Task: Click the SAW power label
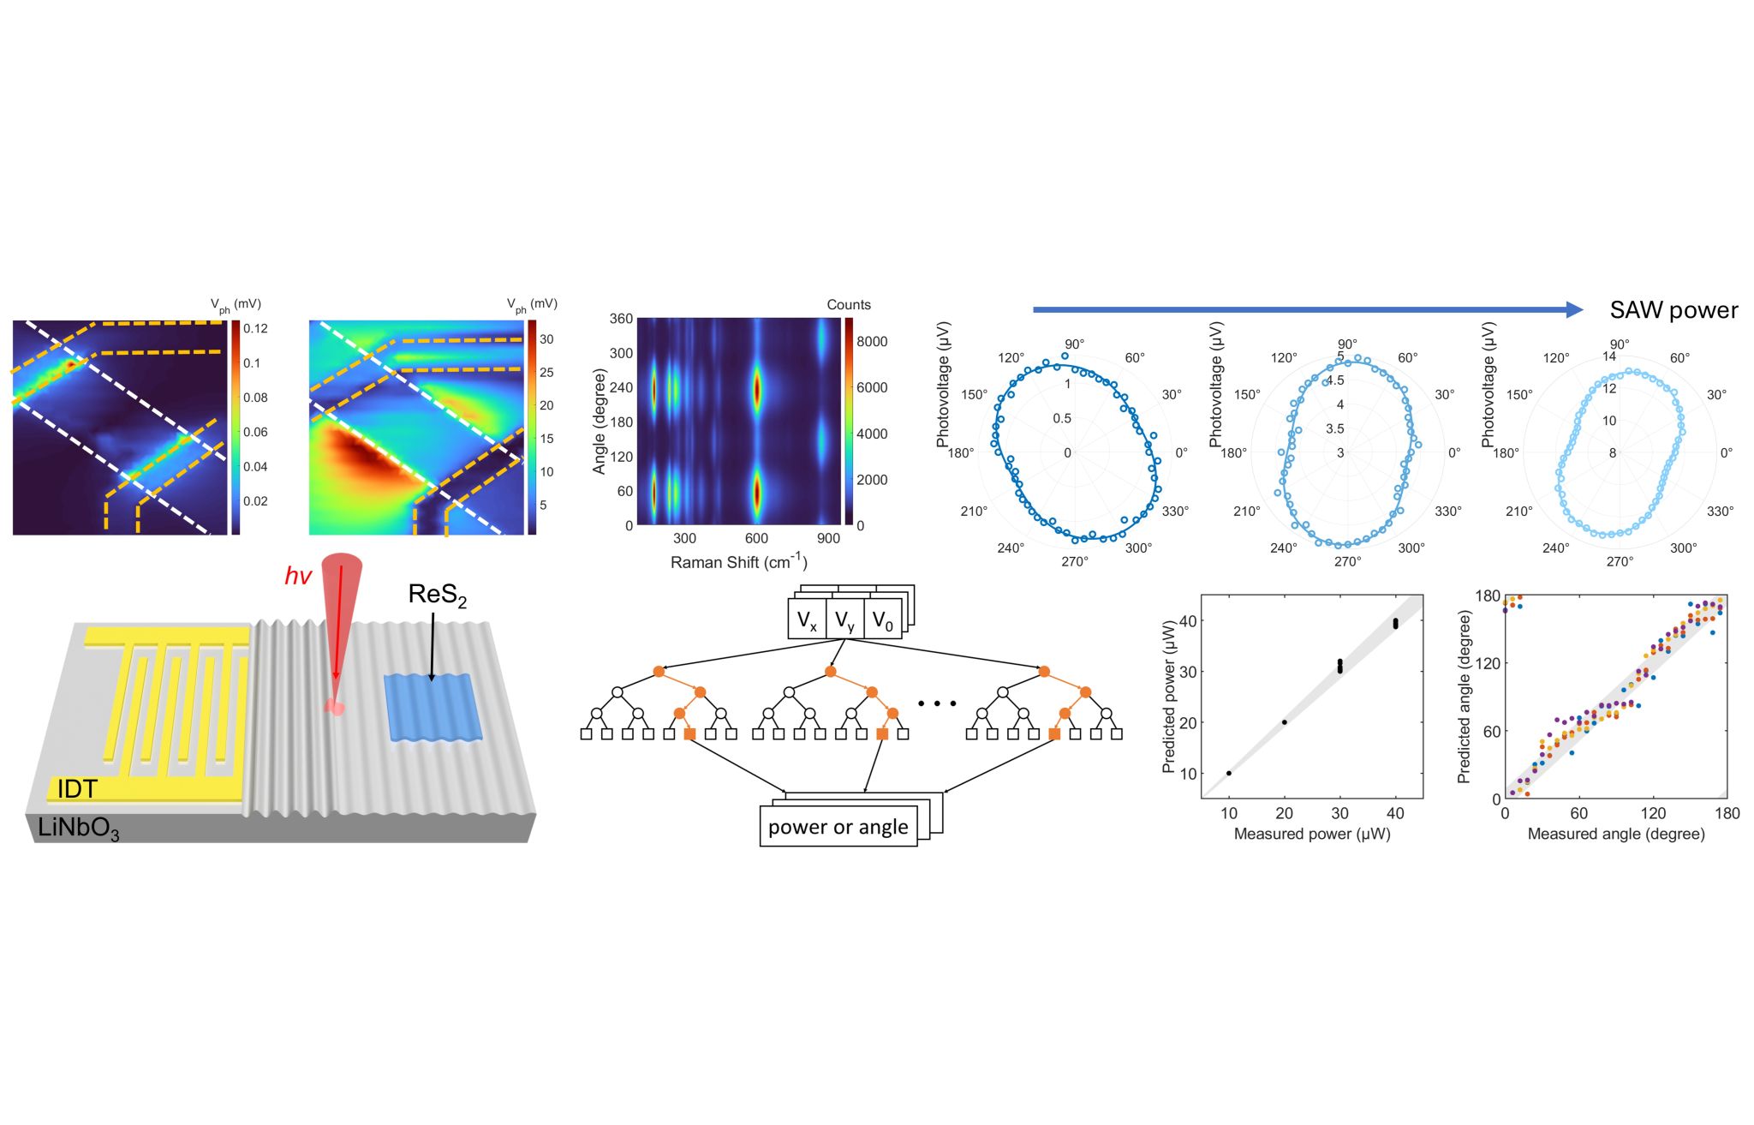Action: pos(1673,310)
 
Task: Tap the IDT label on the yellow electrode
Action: pos(77,788)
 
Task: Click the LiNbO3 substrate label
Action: pos(79,828)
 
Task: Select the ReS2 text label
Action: pos(437,595)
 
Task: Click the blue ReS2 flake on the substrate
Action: pos(433,708)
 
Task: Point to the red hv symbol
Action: pos(298,577)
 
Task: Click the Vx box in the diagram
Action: pos(807,620)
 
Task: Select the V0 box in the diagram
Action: pos(882,620)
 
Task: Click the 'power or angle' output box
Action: pos(838,827)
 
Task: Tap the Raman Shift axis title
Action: pos(738,562)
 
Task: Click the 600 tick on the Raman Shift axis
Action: pos(756,538)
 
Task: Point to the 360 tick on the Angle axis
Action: pos(621,319)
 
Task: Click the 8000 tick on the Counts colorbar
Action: pos(872,342)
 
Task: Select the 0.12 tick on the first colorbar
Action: pos(255,329)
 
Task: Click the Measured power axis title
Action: pos(1311,834)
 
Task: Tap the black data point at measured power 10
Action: pos(1229,773)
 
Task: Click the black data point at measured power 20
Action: pos(1285,722)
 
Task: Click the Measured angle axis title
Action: pos(1616,834)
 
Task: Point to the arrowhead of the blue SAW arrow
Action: pos(1574,309)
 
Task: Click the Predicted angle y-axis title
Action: pos(1464,696)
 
